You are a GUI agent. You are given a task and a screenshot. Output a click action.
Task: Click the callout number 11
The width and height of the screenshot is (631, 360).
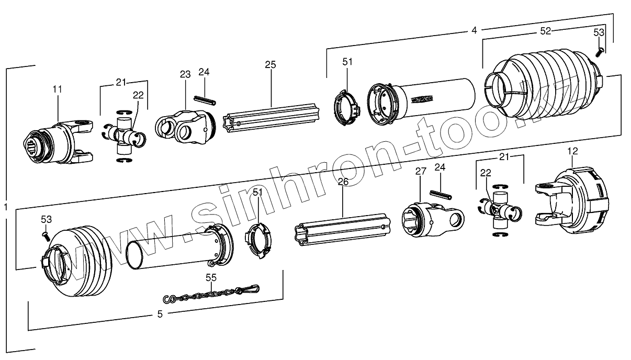57,89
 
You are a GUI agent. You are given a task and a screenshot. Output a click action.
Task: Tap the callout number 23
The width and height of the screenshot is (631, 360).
185,74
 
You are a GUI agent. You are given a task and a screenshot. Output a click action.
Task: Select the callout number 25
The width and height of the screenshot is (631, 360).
270,65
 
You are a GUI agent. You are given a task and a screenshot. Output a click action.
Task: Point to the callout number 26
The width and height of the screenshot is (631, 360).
343,182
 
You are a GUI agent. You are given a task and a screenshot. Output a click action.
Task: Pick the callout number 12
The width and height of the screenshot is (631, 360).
572,151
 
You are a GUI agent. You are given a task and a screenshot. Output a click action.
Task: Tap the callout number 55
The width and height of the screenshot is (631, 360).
211,278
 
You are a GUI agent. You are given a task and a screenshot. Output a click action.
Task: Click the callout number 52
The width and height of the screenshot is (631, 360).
545,31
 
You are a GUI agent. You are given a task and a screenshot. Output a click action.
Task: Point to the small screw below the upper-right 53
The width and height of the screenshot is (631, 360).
600,51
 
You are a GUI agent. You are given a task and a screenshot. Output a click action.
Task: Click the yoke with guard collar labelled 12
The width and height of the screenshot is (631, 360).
573,200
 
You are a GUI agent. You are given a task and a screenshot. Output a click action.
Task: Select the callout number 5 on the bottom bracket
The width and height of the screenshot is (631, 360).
160,314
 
